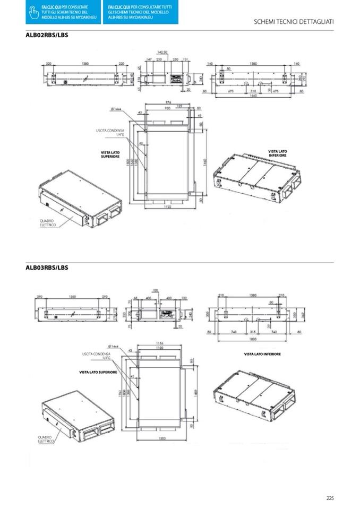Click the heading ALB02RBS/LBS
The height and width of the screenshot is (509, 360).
47,36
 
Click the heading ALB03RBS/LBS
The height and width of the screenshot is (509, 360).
47,268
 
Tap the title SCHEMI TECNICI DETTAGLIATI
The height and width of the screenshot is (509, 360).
294,22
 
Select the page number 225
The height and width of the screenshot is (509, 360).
330,498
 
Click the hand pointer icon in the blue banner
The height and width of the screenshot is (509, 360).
32,12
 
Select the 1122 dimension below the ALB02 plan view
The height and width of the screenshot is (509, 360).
168,208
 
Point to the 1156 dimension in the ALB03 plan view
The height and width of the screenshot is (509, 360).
159,342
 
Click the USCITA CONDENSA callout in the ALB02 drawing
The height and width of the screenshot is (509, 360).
110,132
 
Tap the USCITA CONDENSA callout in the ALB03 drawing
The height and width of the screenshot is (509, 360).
96,355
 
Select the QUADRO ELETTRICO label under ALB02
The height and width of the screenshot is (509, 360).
47,223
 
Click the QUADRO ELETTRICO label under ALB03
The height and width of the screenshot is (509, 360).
46,439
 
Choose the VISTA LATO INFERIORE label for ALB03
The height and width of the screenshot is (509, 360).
262,353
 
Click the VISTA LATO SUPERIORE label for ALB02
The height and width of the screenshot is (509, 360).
110,154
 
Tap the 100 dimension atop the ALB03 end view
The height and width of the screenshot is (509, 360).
155,290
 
